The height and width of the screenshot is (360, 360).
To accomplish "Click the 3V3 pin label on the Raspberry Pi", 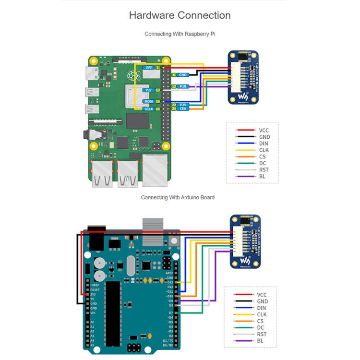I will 149,68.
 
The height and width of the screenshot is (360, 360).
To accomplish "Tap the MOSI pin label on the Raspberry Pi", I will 149,101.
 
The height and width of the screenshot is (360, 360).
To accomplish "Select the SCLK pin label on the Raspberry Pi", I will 149,109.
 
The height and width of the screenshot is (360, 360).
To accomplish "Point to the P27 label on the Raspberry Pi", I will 149,90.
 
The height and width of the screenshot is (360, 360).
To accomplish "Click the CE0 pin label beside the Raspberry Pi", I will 182,109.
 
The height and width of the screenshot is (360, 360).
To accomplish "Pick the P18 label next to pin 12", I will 182,86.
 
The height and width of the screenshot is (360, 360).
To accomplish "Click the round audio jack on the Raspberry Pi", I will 89,135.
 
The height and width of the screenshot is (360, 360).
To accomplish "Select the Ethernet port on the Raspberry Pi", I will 156,170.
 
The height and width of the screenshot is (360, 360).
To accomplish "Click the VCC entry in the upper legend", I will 264,130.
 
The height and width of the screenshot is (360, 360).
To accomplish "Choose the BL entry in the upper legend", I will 262,177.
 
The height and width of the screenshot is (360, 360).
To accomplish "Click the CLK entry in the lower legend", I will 262,314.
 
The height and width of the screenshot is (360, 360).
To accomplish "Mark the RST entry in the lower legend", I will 262,334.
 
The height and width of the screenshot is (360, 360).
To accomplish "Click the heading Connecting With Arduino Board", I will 178,197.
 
